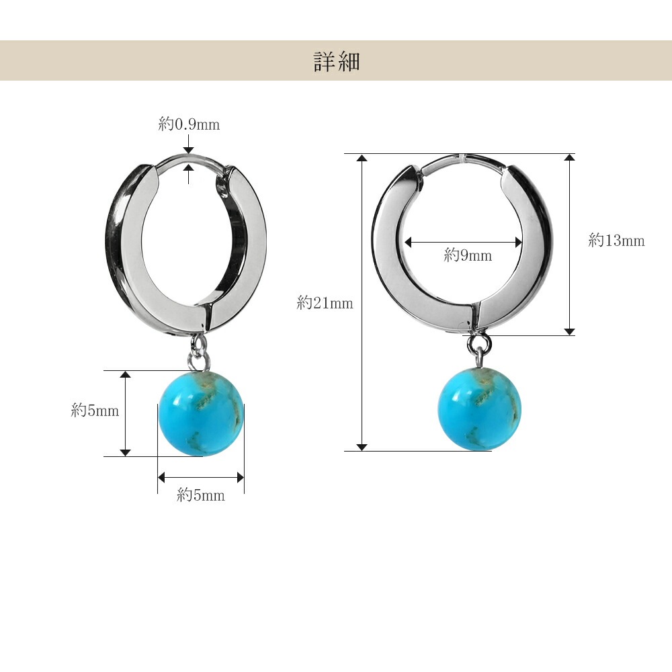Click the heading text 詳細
pos(337,62)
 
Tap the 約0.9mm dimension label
pos(189,124)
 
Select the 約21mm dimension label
pos(325,303)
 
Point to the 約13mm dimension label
pos(616,241)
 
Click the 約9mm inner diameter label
pos(468,255)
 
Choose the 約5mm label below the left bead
pos(200,495)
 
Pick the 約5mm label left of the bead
pos(95,411)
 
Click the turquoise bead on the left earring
pos(201,413)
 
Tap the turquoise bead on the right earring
pos(480,408)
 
